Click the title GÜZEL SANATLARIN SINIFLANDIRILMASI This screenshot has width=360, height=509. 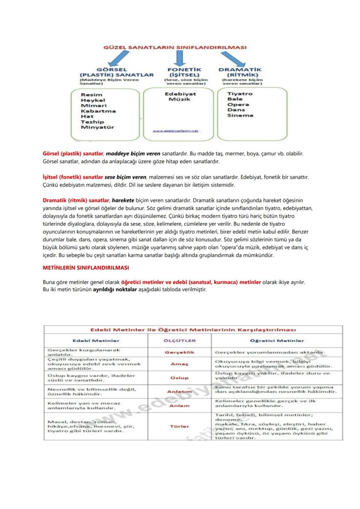175,47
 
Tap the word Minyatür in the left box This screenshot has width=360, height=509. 97,127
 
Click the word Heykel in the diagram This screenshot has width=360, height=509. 93,100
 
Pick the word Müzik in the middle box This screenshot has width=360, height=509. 180,100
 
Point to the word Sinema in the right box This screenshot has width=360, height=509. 240,116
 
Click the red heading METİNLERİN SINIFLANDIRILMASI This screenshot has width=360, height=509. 85,267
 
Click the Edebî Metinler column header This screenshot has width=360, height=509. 96,341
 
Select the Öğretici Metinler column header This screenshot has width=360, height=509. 277,341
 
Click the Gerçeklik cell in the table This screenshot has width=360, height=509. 180,352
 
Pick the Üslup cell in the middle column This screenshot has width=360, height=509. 180,378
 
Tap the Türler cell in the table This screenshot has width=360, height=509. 180,426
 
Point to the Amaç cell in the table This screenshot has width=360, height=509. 180,364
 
